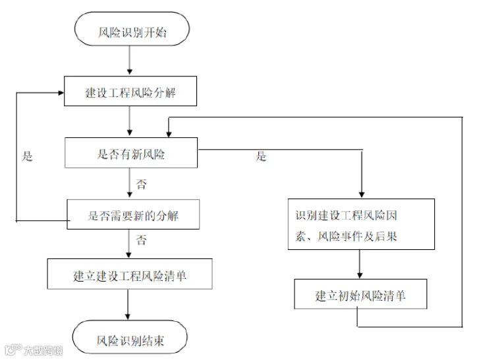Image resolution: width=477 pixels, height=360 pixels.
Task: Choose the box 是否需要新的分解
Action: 132,214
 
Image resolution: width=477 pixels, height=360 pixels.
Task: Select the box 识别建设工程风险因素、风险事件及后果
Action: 361,224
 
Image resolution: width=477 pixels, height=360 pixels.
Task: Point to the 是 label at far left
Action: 28,157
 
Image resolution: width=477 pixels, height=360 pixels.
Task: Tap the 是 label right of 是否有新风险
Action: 262,157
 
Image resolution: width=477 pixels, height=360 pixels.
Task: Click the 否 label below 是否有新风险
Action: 141,184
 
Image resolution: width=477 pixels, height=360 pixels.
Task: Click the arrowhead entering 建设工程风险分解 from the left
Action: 59,92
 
